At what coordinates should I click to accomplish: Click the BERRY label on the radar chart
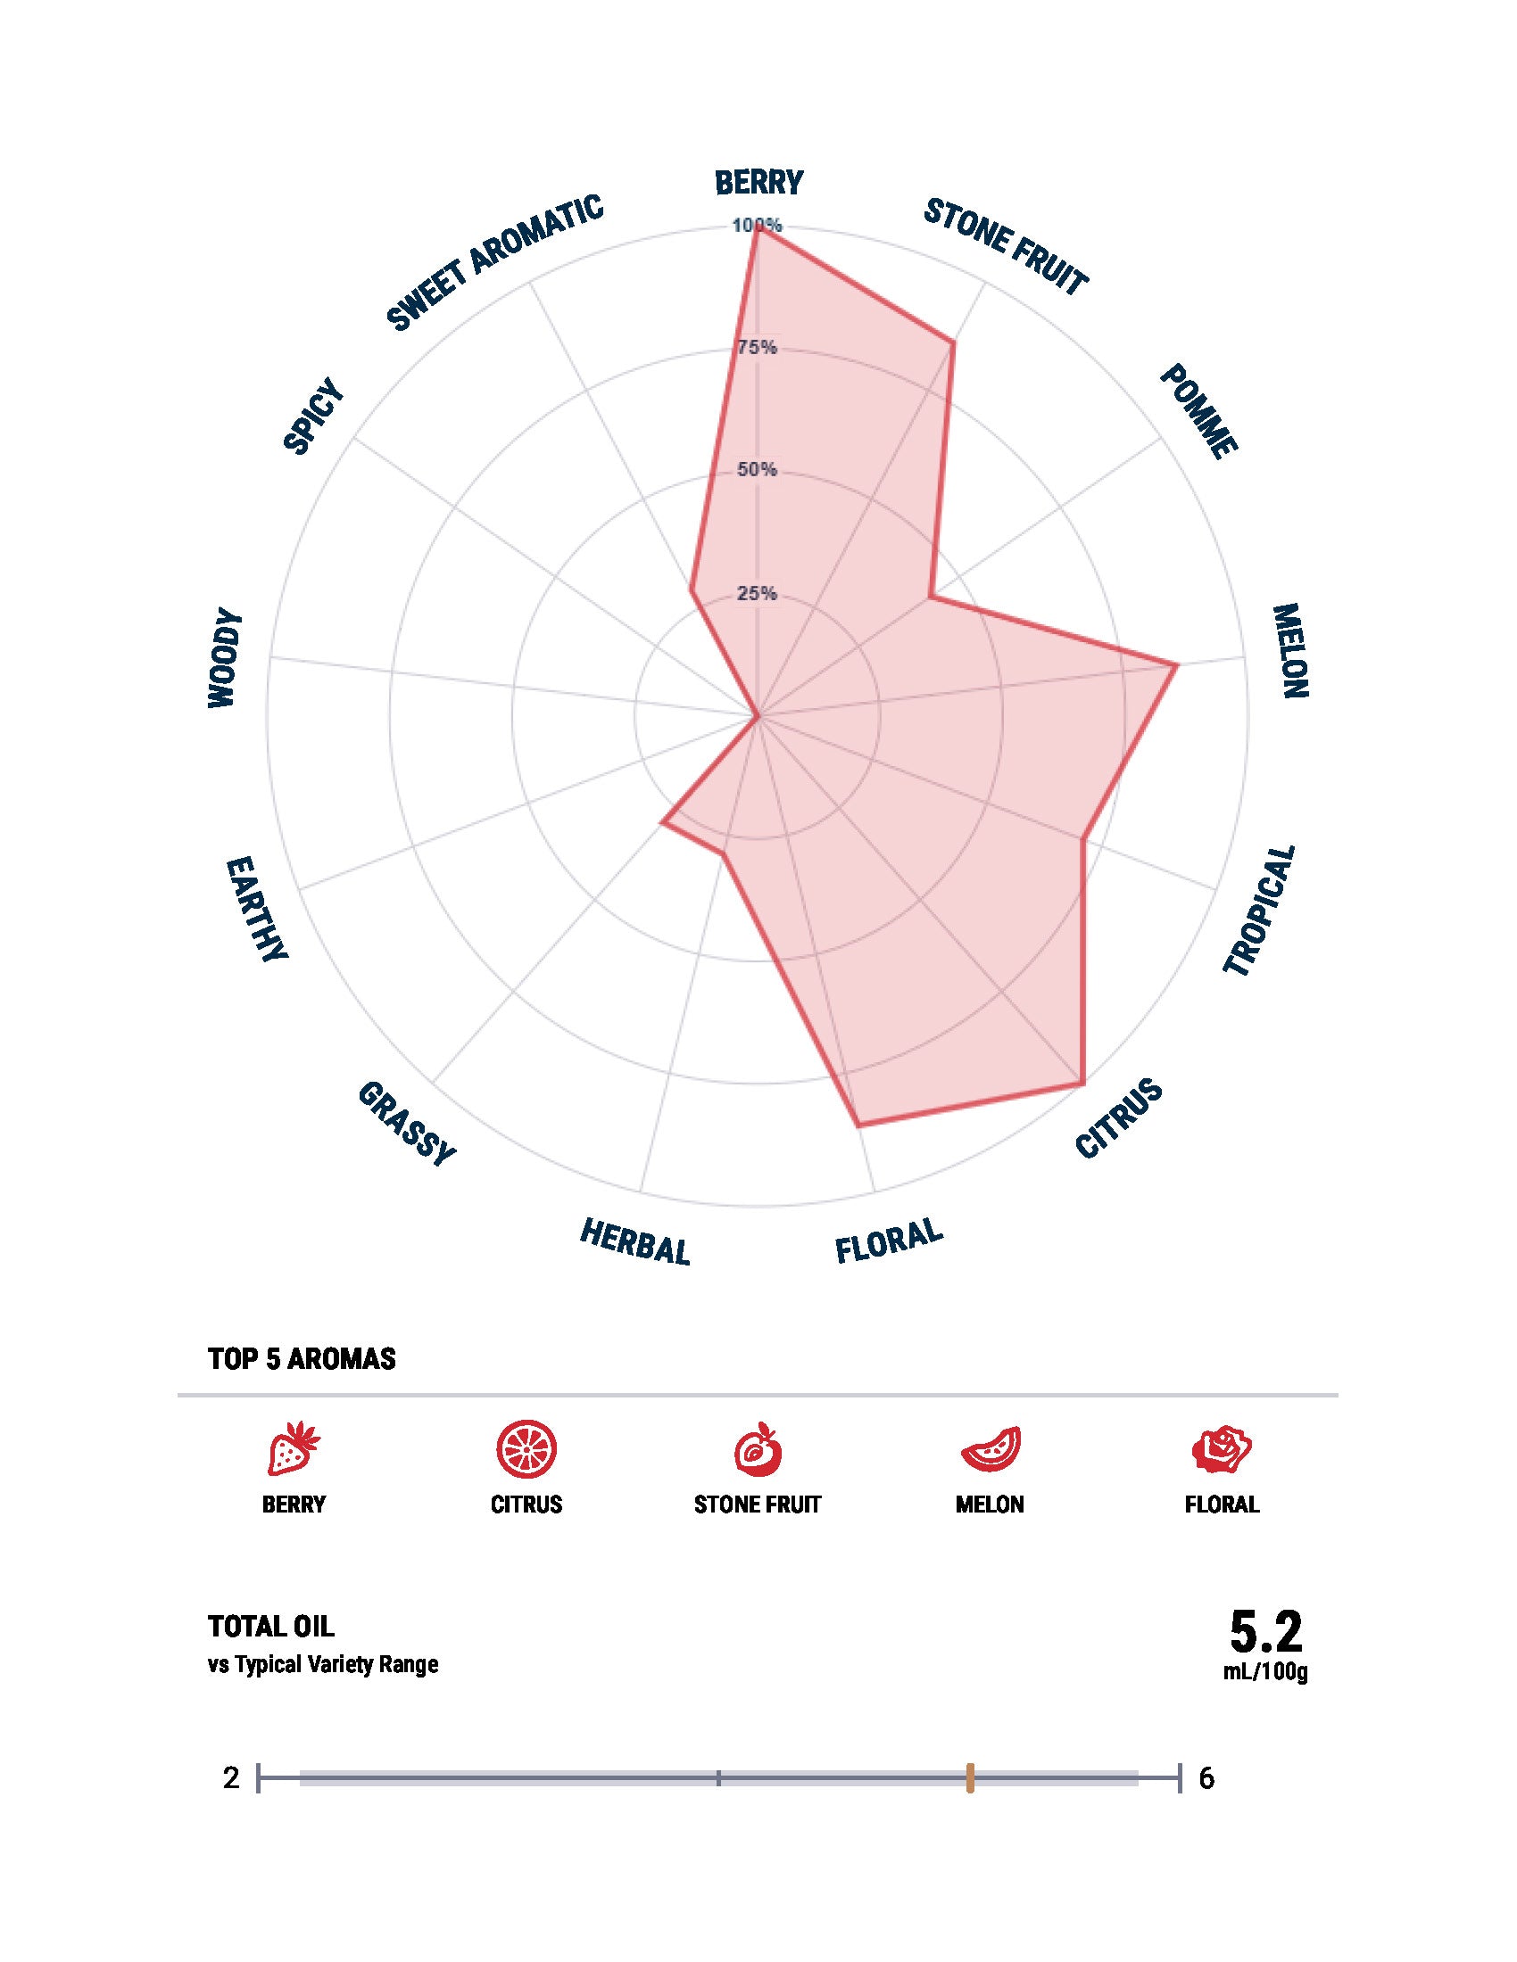tap(758, 182)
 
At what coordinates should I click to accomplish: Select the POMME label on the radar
tap(1198, 412)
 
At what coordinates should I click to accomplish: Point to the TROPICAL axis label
tap(1261, 910)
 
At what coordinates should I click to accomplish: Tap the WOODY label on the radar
tap(225, 658)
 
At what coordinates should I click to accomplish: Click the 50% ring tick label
tap(757, 470)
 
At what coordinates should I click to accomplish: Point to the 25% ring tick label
tap(757, 594)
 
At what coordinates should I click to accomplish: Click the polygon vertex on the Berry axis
tap(758, 227)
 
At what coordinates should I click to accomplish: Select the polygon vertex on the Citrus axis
tap(1082, 1086)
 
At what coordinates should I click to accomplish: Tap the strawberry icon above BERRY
tap(294, 1448)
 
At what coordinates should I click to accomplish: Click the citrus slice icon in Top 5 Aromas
tap(526, 1448)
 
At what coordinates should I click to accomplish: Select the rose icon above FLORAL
tap(1223, 1448)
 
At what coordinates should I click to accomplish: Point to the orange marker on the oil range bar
tap(971, 1777)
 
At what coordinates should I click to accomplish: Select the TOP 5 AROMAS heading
tap(302, 1359)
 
